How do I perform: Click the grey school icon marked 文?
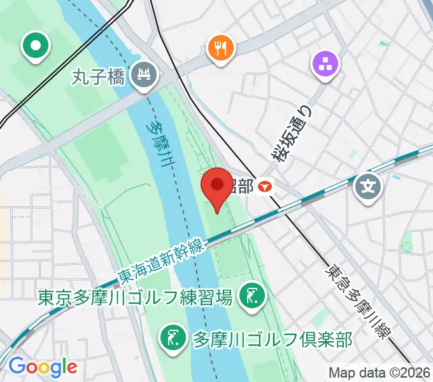tap(369, 187)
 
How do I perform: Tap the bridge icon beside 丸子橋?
tap(144, 76)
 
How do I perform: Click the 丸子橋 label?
tap(100, 76)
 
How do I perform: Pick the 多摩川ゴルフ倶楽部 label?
tap(272, 338)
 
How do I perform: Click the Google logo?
tap(42, 366)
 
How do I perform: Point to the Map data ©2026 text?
tap(379, 372)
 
